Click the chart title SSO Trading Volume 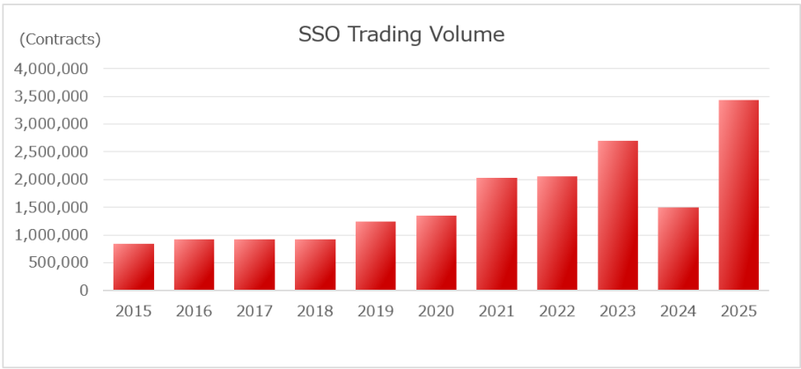[x=401, y=34]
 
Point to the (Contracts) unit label [x=61, y=39]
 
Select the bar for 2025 [x=739, y=196]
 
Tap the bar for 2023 [x=617, y=216]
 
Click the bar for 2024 [x=678, y=249]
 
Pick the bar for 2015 [x=134, y=267]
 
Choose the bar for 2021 [x=496, y=234]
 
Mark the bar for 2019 [x=376, y=256]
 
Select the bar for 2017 [x=254, y=265]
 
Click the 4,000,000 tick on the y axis [x=50, y=69]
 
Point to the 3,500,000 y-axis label [x=50, y=97]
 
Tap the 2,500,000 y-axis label [x=50, y=151]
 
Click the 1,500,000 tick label [x=50, y=207]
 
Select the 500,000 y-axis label [x=57, y=262]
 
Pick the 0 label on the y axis [x=83, y=290]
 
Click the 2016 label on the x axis [x=194, y=311]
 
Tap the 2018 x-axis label [x=315, y=311]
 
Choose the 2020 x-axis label [x=436, y=311]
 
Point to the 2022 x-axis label [x=557, y=311]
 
